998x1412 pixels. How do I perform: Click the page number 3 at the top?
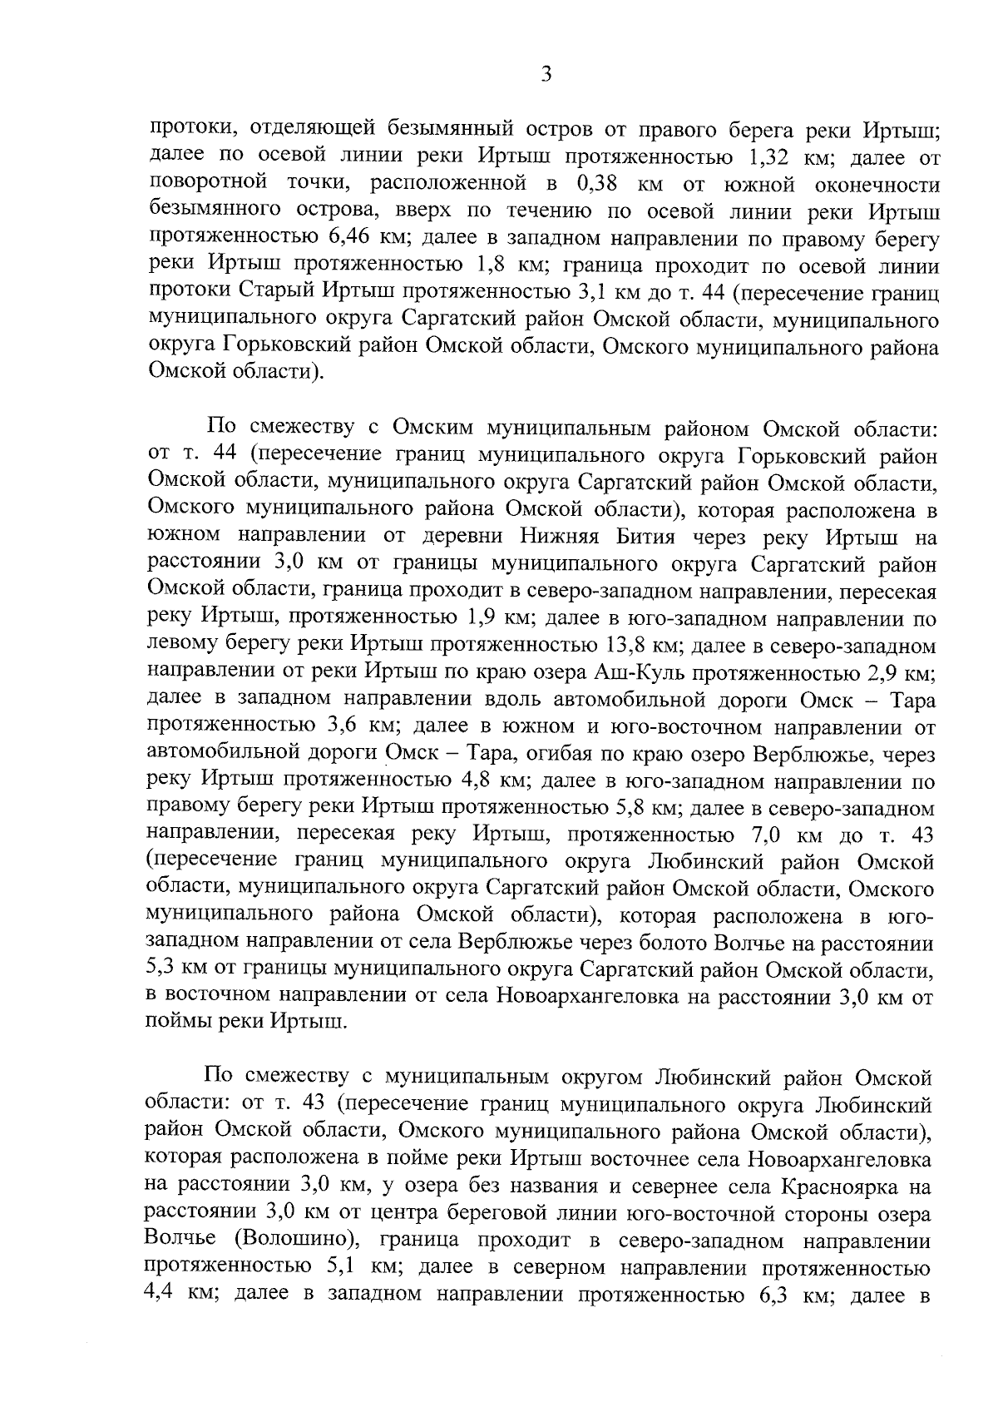pyautogui.click(x=546, y=75)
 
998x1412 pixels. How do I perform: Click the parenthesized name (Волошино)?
pyautogui.click(x=295, y=1240)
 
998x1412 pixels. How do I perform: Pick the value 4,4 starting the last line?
pyautogui.click(x=163, y=1294)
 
